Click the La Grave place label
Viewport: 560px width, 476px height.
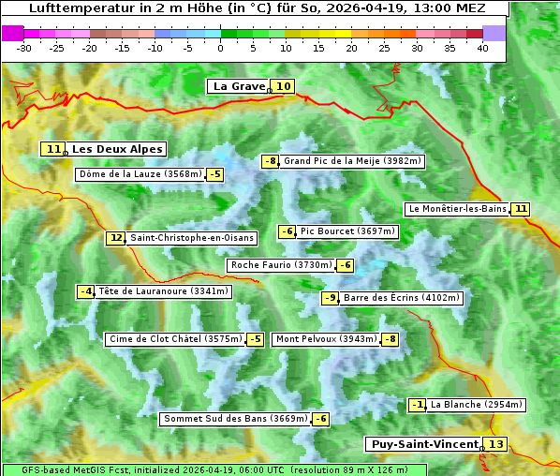coord(239,86)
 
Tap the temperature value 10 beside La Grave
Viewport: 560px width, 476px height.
coord(284,86)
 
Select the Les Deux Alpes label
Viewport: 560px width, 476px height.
coord(117,149)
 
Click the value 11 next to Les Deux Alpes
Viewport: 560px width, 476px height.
coord(53,149)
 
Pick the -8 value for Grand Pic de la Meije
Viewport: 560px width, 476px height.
coord(271,161)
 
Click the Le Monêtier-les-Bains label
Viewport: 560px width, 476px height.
coord(457,209)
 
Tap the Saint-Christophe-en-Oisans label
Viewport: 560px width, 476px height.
coord(191,238)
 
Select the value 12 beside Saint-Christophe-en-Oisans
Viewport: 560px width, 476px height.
coord(115,238)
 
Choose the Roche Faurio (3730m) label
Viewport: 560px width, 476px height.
coord(281,265)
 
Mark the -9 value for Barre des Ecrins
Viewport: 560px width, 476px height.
coord(330,298)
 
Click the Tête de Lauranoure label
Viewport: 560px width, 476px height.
coord(163,291)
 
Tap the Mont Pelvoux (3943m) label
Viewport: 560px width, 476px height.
coord(326,339)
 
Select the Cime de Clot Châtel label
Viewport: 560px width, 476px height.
coord(175,339)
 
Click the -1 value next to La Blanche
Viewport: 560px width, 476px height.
coord(418,405)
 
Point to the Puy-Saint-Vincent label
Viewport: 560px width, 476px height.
coord(423,444)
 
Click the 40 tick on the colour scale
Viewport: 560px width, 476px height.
coord(482,48)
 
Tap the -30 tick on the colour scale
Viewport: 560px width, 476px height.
coord(24,48)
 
